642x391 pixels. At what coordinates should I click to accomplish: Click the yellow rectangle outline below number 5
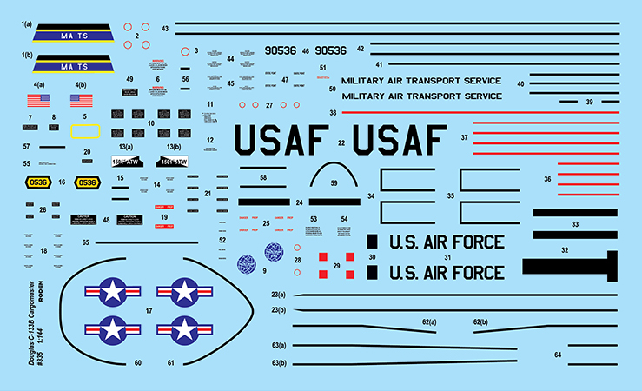click(x=85, y=131)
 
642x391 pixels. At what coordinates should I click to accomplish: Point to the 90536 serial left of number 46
click(x=281, y=51)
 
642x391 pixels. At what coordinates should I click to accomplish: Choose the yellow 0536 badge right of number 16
click(x=87, y=182)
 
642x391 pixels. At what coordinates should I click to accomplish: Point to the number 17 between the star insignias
click(x=149, y=310)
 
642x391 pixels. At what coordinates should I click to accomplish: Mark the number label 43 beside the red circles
click(x=165, y=29)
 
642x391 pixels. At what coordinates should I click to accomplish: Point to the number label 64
click(x=559, y=355)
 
